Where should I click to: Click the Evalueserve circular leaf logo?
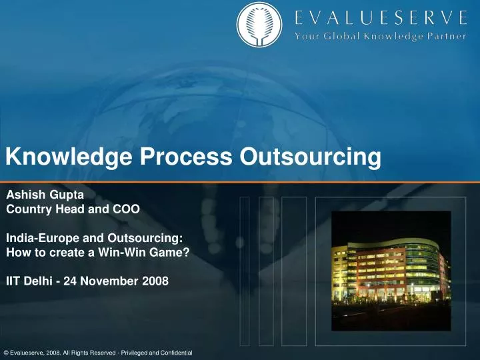[x=260, y=25]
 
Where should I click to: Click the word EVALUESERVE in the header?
[x=381, y=16]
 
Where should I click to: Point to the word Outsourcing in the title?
[x=310, y=157]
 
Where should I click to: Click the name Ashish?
[x=24, y=195]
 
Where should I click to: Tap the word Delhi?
[x=39, y=281]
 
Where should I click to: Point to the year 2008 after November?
[x=156, y=281]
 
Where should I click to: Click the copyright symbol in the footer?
[x=6, y=352]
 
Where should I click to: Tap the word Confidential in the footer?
[x=175, y=352]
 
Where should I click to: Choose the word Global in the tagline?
[x=340, y=36]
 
